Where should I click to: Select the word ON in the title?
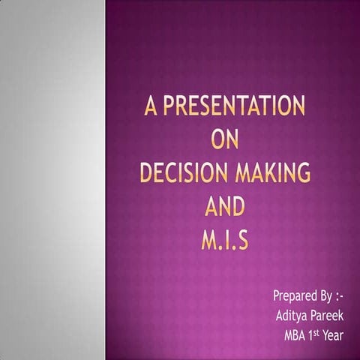pyautogui.click(x=225, y=141)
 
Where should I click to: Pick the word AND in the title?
pyautogui.click(x=225, y=208)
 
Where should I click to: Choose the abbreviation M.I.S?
pyautogui.click(x=225, y=241)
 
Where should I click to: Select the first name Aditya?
pyautogui.click(x=292, y=315)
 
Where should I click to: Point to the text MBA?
pyautogui.click(x=298, y=335)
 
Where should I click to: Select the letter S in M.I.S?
pyautogui.click(x=245, y=241)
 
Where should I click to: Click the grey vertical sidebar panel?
pyautogui.click(x=52, y=180)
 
